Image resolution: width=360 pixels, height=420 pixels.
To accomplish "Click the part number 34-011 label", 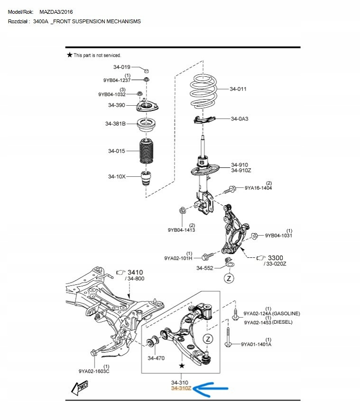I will point(238,89).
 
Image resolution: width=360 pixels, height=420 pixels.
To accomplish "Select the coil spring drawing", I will point(204,90).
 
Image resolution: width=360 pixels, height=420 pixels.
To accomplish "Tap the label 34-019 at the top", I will point(121,67).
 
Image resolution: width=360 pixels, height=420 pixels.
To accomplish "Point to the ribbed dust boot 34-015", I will point(146,152).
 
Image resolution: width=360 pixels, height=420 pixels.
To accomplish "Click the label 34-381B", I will point(115,124).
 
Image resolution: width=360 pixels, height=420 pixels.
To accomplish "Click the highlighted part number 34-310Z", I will point(181,389).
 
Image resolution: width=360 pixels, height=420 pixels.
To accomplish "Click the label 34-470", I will point(156,358).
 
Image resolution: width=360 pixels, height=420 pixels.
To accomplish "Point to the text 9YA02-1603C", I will point(94,371).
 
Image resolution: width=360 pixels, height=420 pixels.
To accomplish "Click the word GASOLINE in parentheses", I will point(286,314).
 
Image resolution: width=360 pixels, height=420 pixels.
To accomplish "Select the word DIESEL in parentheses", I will point(283,322).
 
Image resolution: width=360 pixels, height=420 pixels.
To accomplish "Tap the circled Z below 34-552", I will point(229,278).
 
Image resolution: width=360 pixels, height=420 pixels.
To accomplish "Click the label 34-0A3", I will point(240,119).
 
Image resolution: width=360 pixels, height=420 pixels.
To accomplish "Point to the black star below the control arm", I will point(181,366).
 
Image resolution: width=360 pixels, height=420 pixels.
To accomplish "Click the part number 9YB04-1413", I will point(182,230).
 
